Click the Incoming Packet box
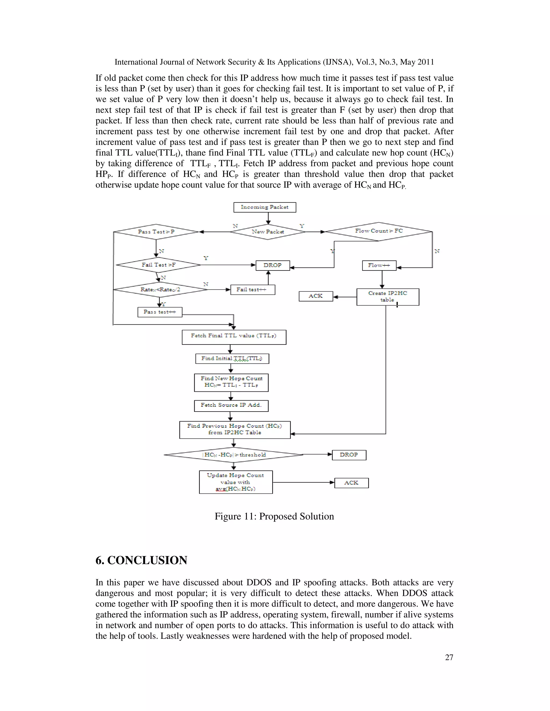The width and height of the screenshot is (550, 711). point(265,207)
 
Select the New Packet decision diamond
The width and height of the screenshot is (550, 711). point(267,232)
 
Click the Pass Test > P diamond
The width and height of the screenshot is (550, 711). point(156,232)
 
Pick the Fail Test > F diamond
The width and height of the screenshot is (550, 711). point(158,265)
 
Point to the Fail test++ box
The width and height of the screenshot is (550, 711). point(252,290)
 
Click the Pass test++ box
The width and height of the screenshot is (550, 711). point(160,312)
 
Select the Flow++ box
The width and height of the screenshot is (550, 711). point(379,265)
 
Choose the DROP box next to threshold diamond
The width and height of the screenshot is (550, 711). point(349,455)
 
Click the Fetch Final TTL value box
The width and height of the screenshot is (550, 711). point(234,337)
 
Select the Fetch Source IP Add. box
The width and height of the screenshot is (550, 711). point(231,406)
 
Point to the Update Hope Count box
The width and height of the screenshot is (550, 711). point(236,482)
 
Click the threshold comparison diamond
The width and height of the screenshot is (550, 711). point(234,455)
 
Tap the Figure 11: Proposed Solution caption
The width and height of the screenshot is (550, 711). point(274,516)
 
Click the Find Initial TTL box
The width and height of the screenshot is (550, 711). point(232,358)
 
